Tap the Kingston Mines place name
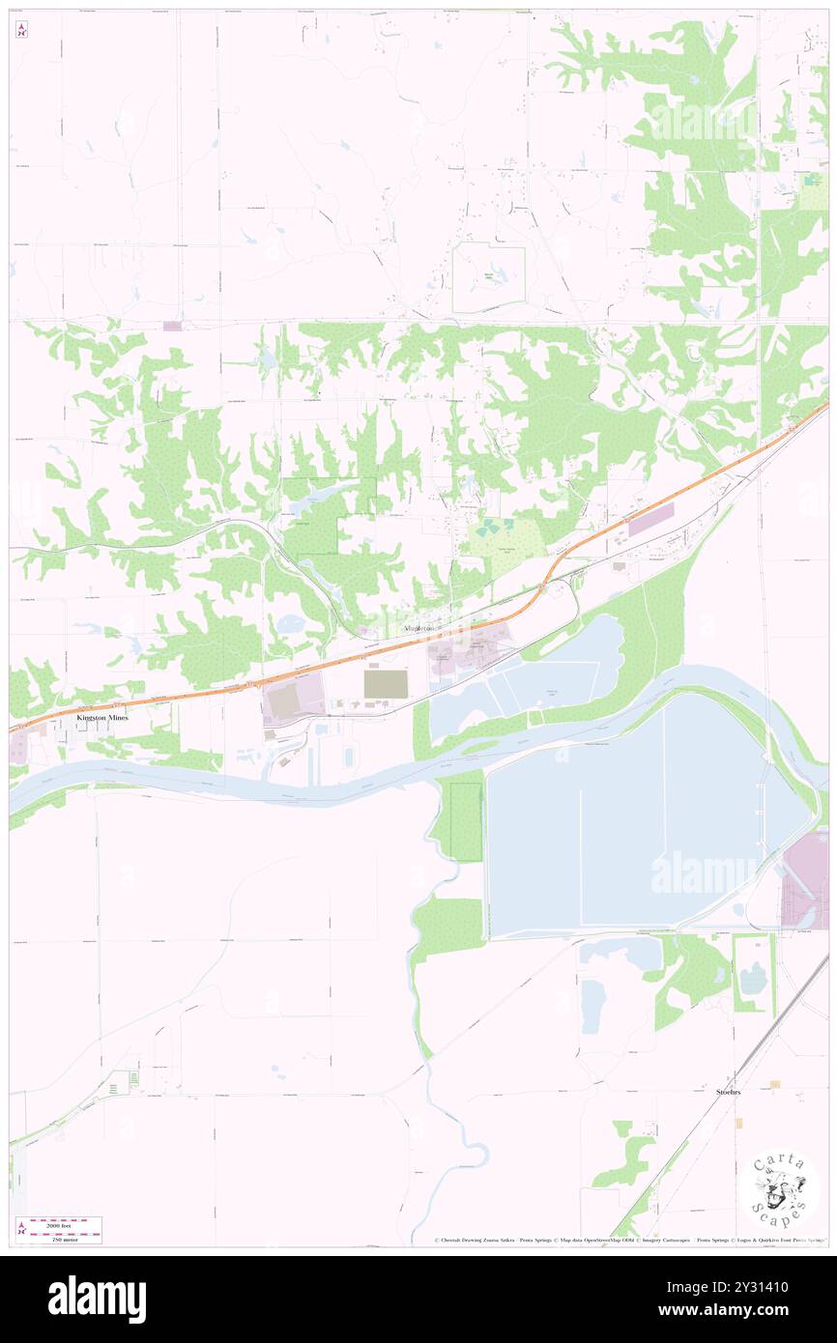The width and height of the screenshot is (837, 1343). tap(102, 719)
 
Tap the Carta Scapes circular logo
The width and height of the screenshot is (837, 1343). tap(779, 1191)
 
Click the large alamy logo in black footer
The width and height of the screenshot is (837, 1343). tap(97, 1299)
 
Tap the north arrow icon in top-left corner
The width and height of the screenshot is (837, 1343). tap(21, 31)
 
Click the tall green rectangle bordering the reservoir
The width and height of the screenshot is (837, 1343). tap(465, 821)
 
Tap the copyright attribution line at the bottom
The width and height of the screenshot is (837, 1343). tap(628, 1241)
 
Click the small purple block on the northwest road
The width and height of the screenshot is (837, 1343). tap(172, 327)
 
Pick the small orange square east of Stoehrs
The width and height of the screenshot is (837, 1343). tap(773, 1084)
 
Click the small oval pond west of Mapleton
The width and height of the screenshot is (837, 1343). tap(289, 624)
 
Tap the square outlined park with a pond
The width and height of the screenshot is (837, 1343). tap(489, 278)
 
